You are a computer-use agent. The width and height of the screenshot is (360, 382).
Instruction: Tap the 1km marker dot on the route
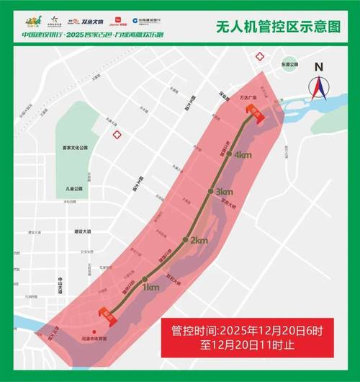[145, 278]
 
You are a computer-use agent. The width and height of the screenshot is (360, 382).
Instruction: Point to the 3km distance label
[224, 192]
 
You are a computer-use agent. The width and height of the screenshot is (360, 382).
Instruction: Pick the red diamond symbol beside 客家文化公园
[116, 133]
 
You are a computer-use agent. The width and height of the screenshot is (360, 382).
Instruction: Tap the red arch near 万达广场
[257, 110]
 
